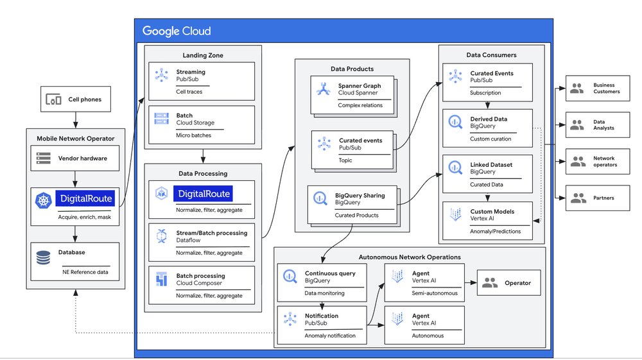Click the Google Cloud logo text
coord(177,31)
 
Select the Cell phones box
coord(75,99)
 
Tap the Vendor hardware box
coord(75,157)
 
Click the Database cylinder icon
coord(44,257)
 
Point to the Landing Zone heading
coord(203,56)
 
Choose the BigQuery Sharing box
coord(352,204)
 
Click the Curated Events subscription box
coord(487,82)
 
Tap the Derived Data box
coord(487,127)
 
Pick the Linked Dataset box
coord(487,174)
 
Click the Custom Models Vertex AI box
coord(487,221)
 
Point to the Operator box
coord(508,282)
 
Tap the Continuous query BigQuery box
coord(322,282)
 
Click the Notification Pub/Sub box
coord(322,325)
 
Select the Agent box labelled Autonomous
coord(423,325)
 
